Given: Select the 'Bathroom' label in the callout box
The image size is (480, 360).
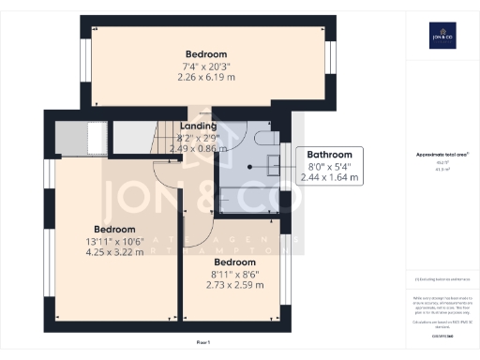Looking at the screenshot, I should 330,154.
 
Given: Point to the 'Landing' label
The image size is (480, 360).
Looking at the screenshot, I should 198,126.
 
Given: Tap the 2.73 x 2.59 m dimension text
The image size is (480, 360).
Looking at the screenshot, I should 230,285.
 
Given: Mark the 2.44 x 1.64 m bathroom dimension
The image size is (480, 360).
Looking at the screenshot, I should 330,176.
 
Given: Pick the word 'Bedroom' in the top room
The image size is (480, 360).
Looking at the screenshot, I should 205,53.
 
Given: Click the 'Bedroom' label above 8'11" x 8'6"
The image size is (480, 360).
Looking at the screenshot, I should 230,262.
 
